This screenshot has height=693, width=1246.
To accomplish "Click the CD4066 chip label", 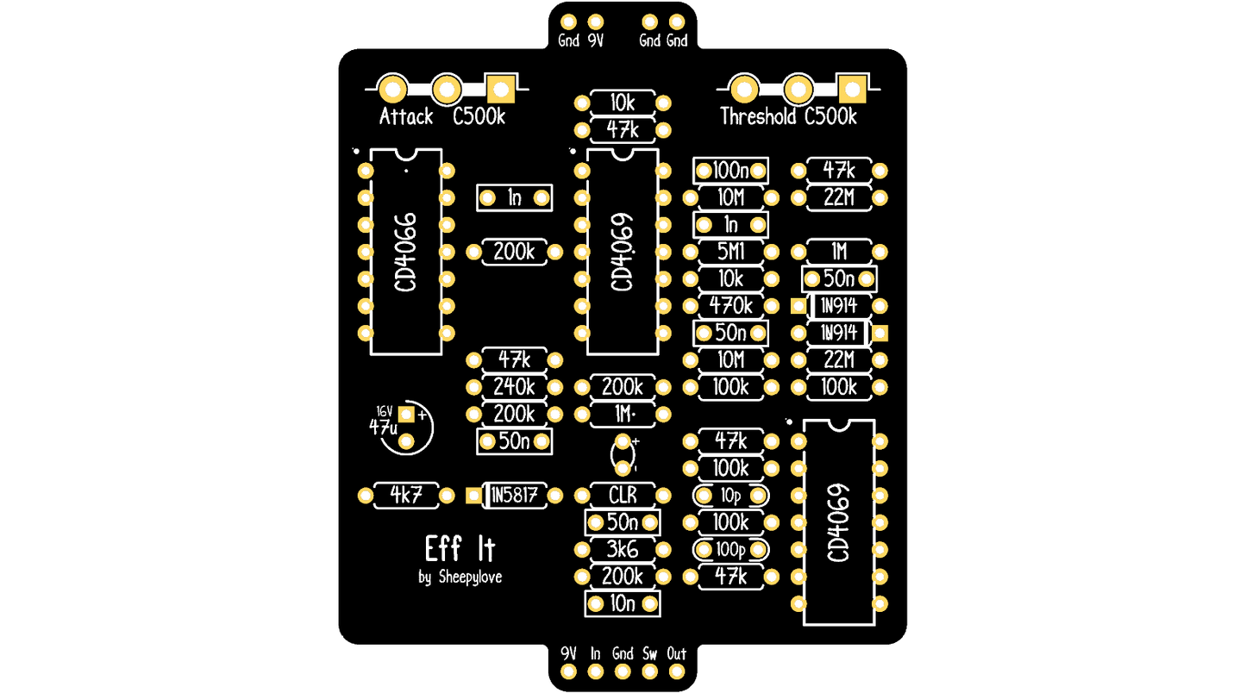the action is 405,252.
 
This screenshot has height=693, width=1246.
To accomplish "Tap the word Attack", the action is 406,117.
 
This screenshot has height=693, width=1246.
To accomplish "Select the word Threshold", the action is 758,117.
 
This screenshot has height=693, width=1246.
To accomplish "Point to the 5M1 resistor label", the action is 730,252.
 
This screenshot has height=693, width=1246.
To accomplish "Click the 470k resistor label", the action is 731,306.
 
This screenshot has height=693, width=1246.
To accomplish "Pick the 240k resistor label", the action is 514,387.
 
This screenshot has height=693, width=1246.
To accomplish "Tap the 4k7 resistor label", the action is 405,495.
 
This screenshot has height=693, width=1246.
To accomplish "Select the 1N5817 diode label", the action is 514,495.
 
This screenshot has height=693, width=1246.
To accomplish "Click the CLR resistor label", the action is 623,495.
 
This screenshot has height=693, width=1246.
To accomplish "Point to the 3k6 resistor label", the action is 623,550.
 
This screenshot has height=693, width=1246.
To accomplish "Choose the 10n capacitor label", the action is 623,603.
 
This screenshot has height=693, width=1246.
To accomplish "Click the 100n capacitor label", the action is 730,171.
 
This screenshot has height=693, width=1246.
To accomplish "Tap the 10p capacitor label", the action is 730,496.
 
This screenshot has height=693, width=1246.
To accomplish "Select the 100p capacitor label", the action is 730,550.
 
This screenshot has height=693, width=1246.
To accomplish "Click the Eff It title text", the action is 460,549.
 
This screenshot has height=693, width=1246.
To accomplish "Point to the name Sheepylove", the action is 470,577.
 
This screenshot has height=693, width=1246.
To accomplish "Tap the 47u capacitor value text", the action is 383,428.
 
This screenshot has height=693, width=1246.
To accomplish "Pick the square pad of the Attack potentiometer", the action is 501,89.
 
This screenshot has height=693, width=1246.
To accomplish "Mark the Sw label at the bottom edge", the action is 649,653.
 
